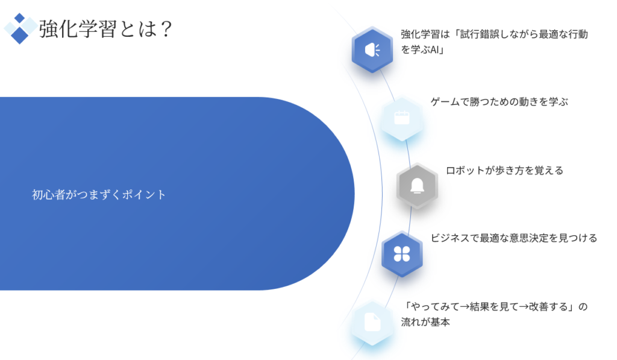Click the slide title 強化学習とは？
[105, 29]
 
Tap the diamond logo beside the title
[20, 28]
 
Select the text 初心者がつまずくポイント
[99, 195]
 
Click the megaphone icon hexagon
[372, 49]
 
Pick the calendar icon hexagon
[402, 118]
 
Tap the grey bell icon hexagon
[417, 186]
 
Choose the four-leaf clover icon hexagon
[402, 254]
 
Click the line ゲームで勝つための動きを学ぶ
[500, 102]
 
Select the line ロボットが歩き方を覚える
[504, 171]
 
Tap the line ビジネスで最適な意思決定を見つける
[514, 238]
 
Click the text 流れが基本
[425, 322]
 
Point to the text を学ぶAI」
[422, 49]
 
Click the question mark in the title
[166, 29]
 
